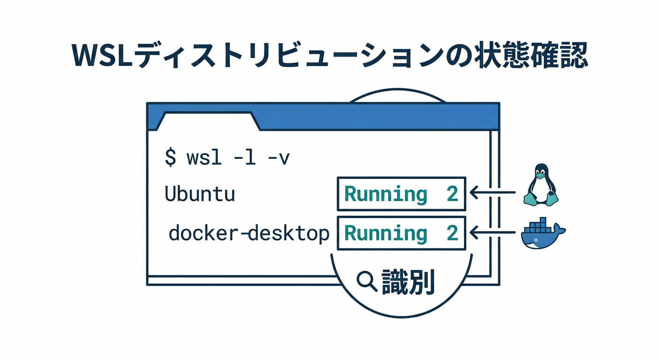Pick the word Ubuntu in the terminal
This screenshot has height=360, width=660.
(200, 194)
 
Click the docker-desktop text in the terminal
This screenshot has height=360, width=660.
(249, 233)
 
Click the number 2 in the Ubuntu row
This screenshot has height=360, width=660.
(452, 194)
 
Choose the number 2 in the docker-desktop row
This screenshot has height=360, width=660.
(452, 233)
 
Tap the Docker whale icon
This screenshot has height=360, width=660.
(541, 234)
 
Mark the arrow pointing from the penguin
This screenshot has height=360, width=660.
(492, 192)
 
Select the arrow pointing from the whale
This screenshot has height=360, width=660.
(492, 231)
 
